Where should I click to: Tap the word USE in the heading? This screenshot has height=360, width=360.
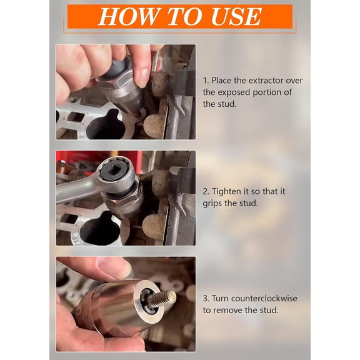pos(236,17)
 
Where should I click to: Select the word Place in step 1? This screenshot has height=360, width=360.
pos(222,81)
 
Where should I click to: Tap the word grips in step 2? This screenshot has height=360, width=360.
pos(214,203)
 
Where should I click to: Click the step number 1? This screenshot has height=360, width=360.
pos(206,81)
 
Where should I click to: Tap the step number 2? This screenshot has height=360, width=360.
pos(206,191)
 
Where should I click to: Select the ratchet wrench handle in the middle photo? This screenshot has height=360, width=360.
pos(74,190)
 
